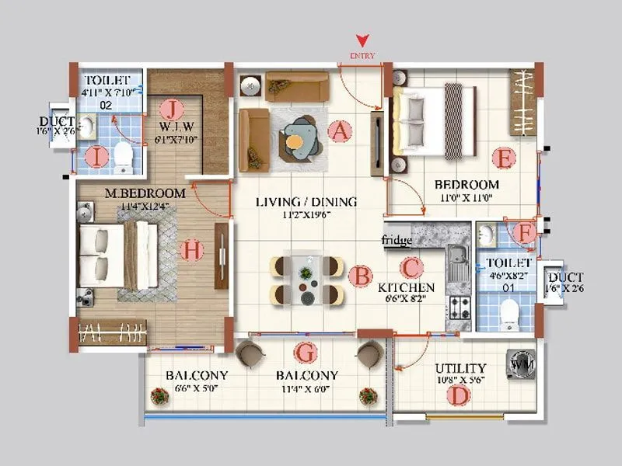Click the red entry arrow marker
362,40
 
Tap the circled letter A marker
338,131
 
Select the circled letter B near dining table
359,275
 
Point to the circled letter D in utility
461,395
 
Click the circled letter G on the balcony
308,353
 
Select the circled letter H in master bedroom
190,250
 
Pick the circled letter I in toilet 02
96,158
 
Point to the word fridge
397,241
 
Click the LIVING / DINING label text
306,202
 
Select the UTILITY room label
461,368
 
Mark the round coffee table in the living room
295,142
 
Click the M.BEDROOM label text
146,193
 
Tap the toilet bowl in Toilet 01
509,313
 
